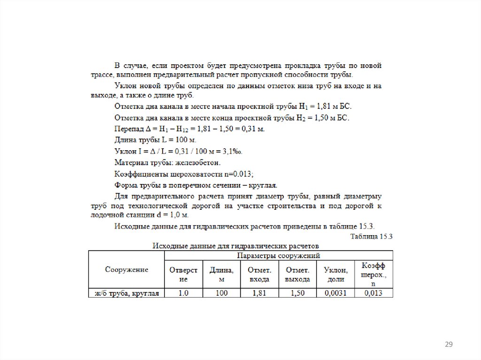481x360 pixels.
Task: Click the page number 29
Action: pyautogui.click(x=448, y=345)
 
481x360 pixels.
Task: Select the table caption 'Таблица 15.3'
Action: pyautogui.click(x=371, y=236)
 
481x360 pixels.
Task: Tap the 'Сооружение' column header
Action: pyautogui.click(x=126, y=269)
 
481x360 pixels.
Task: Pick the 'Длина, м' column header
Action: pyautogui.click(x=222, y=274)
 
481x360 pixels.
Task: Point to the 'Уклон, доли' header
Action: pyautogui.click(x=335, y=274)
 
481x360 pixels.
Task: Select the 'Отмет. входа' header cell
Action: pyautogui.click(x=259, y=274)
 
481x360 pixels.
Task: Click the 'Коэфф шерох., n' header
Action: pyautogui.click(x=373, y=274)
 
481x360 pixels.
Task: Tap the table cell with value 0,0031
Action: pyautogui.click(x=335, y=293)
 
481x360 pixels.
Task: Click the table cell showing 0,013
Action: pyautogui.click(x=373, y=293)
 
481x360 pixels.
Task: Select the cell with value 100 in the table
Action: pyautogui.click(x=222, y=293)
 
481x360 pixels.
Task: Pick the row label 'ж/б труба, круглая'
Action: pyautogui.click(x=126, y=293)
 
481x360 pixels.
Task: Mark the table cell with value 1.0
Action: pyautogui.click(x=183, y=293)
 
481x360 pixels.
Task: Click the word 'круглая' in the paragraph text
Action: pyautogui.click(x=263, y=185)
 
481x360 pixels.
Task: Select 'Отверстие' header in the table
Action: pyautogui.click(x=183, y=274)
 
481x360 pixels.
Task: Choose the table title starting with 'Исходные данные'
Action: pyautogui.click(x=234, y=245)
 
